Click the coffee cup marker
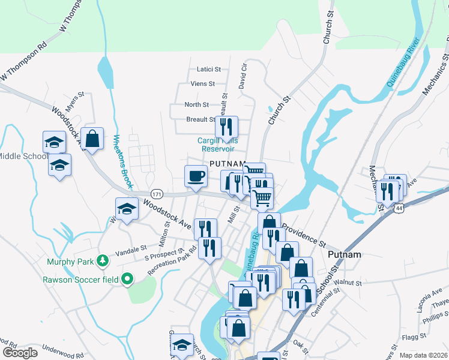tap(196, 177)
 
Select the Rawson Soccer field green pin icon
tap(127, 279)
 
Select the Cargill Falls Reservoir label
tap(218, 145)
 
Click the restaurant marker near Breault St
tap(226, 127)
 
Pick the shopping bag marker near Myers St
tap(93, 139)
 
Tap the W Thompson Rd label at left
tap(24, 61)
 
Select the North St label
tap(196, 104)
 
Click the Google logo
tap(20, 353)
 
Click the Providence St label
tap(303, 236)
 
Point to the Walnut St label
tap(346, 281)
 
